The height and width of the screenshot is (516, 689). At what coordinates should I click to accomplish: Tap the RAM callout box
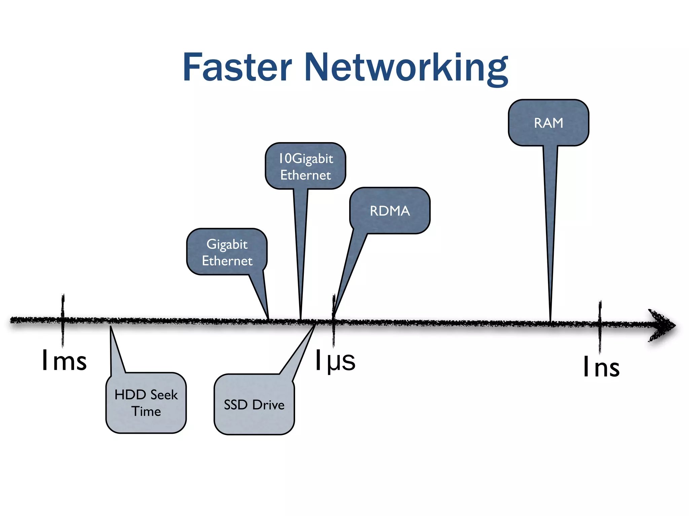pos(548,123)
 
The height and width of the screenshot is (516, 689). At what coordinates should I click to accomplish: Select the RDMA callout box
pos(390,211)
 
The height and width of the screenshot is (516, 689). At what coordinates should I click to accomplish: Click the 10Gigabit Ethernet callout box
pos(305,166)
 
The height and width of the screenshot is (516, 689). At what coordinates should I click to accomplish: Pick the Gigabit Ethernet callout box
pos(227,252)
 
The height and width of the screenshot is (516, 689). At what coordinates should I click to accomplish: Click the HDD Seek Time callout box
pos(146,403)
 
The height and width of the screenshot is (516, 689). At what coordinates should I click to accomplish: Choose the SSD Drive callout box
pos(254,404)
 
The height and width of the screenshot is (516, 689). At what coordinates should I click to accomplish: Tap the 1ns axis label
pos(601,367)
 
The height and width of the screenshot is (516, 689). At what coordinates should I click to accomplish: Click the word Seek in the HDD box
pos(164,395)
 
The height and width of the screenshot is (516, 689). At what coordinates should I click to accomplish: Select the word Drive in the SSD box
pos(268,405)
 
